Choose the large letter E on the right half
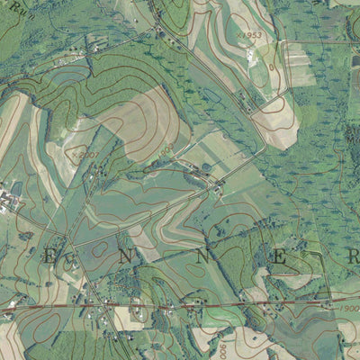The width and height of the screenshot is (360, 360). pyautogui.click(x=280, y=258)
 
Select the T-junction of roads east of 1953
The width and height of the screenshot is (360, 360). pyautogui.click(x=283, y=41)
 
